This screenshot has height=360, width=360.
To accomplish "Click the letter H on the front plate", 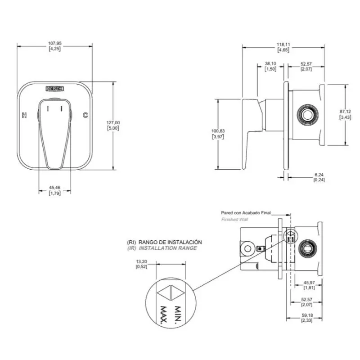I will tap(24, 115).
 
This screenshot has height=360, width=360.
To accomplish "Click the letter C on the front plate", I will tap(85, 115).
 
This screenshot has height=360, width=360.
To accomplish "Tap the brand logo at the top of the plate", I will tap(56, 89).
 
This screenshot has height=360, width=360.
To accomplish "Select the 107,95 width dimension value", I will tap(55, 44).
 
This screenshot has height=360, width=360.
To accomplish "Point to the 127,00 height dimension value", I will tap(113, 123).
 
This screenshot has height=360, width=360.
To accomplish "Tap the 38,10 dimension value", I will tap(270, 64).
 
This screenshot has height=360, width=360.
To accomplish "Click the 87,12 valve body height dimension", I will tap(346, 111).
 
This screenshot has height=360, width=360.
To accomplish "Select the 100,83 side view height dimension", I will tap(217, 131).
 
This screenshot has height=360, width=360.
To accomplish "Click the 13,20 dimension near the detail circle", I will tap(142, 261).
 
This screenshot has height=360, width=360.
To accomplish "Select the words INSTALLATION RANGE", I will tap(168, 248).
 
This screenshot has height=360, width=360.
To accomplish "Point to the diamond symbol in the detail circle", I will tap(171, 293).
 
